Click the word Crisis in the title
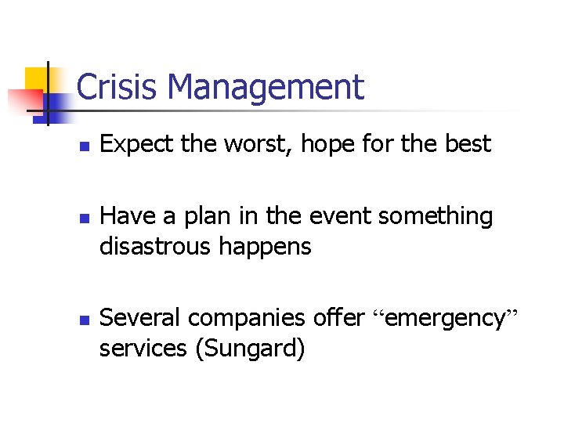tap(112, 87)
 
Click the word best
tap(468, 144)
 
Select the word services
tap(143, 349)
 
